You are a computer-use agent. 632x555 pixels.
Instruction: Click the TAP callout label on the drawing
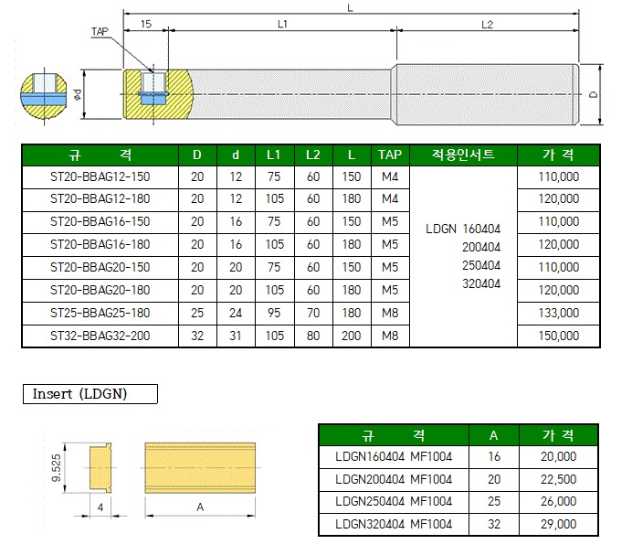[100, 31]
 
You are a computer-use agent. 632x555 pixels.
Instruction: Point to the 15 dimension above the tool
[147, 24]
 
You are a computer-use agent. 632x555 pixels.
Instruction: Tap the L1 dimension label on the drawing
[282, 24]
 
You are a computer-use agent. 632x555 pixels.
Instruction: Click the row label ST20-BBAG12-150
[99, 176]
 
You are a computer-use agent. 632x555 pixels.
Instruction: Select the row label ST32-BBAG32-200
[99, 336]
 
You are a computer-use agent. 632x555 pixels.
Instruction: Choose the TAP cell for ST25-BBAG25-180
[390, 313]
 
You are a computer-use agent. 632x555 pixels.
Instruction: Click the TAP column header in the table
[390, 154]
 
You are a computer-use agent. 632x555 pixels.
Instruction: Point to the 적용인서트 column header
[463, 154]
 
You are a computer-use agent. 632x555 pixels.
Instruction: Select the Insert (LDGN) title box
[90, 394]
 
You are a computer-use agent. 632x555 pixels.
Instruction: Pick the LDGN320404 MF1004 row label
[394, 524]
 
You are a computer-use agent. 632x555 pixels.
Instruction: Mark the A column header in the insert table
[492, 433]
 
